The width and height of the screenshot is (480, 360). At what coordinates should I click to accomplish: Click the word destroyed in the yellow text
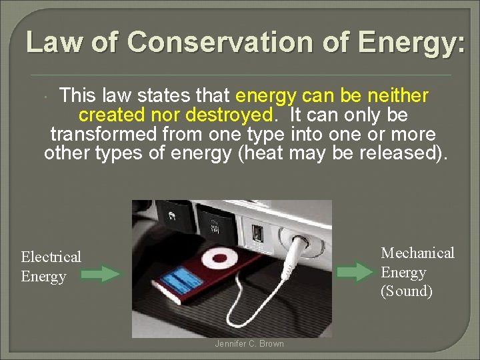pyautogui.click(x=229, y=115)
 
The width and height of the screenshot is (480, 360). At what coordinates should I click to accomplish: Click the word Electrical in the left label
pyautogui.click(x=51, y=257)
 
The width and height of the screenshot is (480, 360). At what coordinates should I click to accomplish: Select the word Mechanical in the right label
pyautogui.click(x=417, y=253)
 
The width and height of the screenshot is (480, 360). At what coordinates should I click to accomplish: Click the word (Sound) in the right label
pyautogui.click(x=407, y=291)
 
